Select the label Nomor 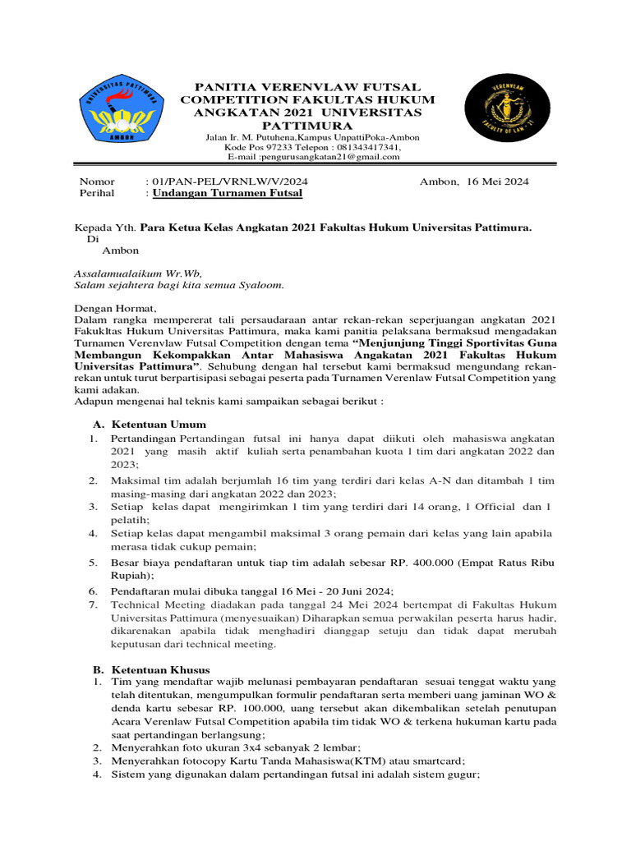pos(97,181)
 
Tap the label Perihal pos(97,193)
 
